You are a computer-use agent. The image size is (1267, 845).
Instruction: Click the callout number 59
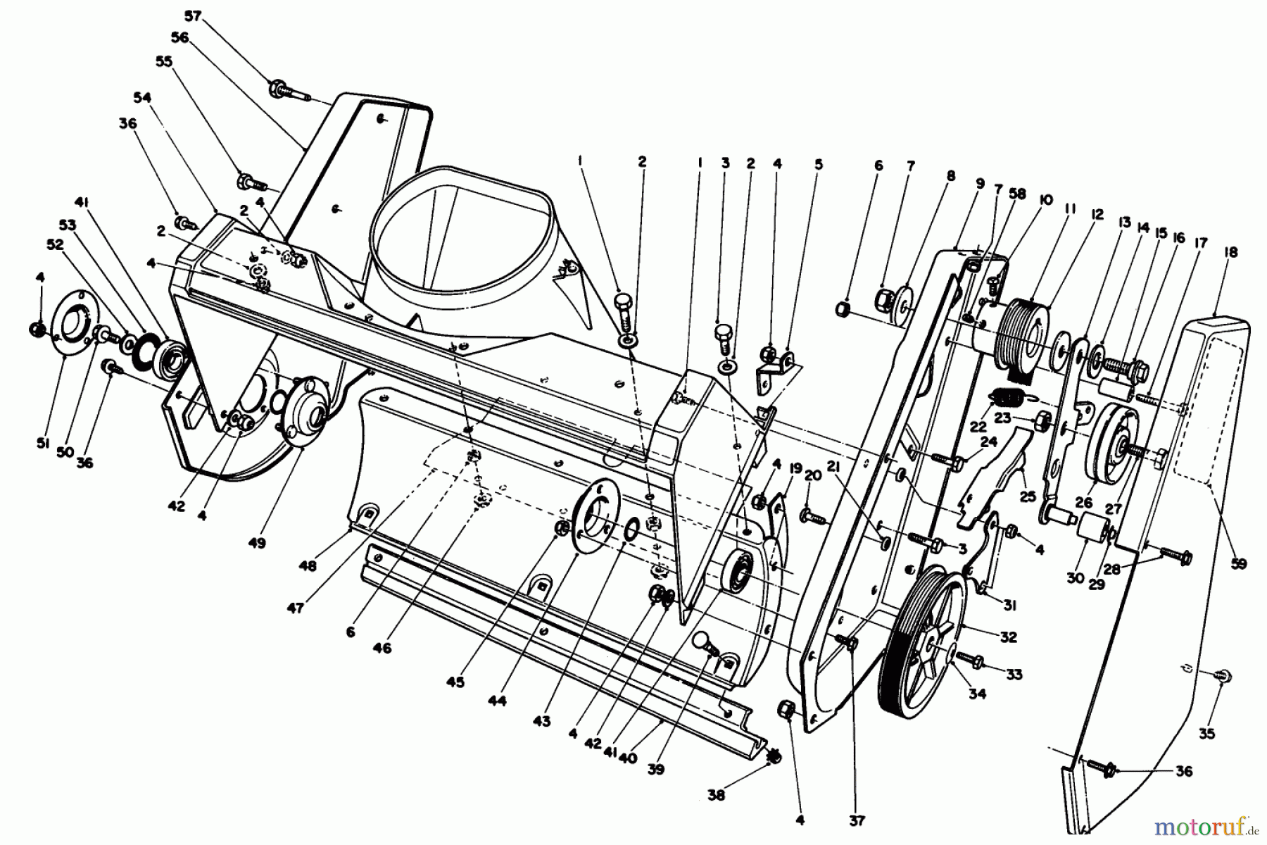click(1238, 563)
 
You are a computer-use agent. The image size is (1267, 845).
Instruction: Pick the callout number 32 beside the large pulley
click(1008, 637)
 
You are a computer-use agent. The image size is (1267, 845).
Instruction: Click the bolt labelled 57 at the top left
click(285, 91)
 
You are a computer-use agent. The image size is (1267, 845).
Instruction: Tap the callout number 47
click(296, 608)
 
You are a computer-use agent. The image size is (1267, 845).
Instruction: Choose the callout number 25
click(1027, 496)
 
